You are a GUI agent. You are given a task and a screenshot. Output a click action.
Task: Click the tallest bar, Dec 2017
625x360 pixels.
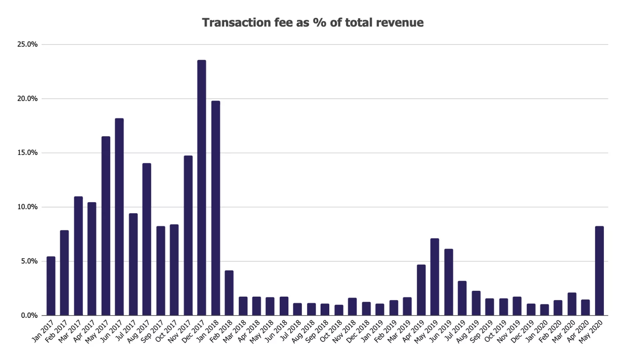pyautogui.click(x=202, y=187)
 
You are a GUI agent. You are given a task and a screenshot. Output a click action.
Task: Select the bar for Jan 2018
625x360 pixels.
pyautogui.click(x=216, y=208)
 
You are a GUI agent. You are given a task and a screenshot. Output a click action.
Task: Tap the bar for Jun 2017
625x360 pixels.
pyautogui.click(x=119, y=217)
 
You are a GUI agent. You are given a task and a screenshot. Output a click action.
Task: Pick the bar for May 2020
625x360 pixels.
pyautogui.click(x=599, y=271)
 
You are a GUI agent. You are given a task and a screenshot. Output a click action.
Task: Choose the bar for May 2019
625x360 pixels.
pyautogui.click(x=434, y=277)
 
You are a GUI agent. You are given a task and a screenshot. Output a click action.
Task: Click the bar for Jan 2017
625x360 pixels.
pyautogui.click(x=51, y=286)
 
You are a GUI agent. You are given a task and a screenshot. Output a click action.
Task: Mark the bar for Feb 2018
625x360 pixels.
pyautogui.click(x=229, y=293)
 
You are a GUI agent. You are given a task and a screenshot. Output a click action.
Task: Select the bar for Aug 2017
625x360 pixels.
pyautogui.click(x=146, y=239)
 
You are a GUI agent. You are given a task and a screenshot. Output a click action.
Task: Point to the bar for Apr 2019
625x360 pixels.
pyautogui.click(x=421, y=290)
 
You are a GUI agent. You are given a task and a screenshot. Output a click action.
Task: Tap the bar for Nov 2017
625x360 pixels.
pyautogui.click(x=188, y=235)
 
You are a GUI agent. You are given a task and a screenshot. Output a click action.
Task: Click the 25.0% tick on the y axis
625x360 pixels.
pyautogui.click(x=27, y=45)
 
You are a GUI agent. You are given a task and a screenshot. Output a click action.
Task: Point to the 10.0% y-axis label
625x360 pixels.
pyautogui.click(x=27, y=207)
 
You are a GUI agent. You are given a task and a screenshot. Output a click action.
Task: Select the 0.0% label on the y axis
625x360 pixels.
pyautogui.click(x=29, y=315)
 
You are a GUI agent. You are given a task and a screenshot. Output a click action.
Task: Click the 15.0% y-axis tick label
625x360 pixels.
pyautogui.click(x=27, y=153)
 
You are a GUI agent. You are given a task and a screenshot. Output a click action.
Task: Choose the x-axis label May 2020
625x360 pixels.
pyautogui.click(x=591, y=331)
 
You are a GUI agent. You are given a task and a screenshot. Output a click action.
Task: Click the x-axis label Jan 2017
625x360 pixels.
pyautogui.click(x=43, y=331)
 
